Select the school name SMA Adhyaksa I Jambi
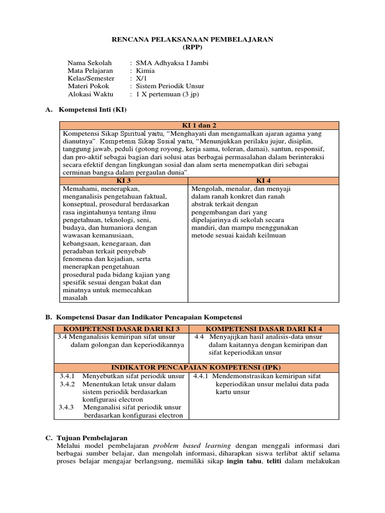(x=168, y=63)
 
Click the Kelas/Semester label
(x=91, y=78)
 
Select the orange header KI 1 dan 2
(x=199, y=125)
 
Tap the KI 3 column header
(x=123, y=180)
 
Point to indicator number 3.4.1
(x=67, y=376)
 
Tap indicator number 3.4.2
(x=67, y=384)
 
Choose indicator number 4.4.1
(x=203, y=376)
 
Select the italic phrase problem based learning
(x=191, y=445)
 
